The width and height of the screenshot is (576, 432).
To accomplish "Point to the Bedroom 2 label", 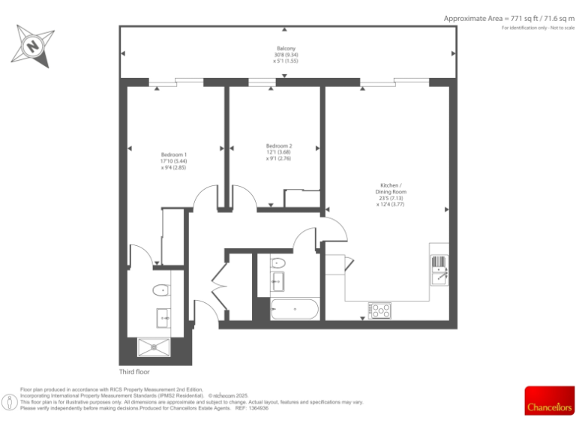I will point(279,145).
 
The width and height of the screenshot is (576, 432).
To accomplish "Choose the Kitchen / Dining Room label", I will point(391,188).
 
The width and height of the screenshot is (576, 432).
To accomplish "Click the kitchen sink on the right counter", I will point(439,269).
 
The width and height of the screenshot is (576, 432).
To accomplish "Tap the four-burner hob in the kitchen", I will point(379,309).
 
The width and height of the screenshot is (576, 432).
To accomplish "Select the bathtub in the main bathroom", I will point(294,309).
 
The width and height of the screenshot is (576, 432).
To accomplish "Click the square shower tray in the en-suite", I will point(155,347).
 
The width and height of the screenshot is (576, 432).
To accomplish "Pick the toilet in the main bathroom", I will point(277,263).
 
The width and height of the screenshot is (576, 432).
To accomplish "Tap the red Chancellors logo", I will point(549,400).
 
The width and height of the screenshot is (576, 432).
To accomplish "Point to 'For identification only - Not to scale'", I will point(537,28).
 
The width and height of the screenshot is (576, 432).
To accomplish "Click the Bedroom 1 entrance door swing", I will point(205,199).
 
